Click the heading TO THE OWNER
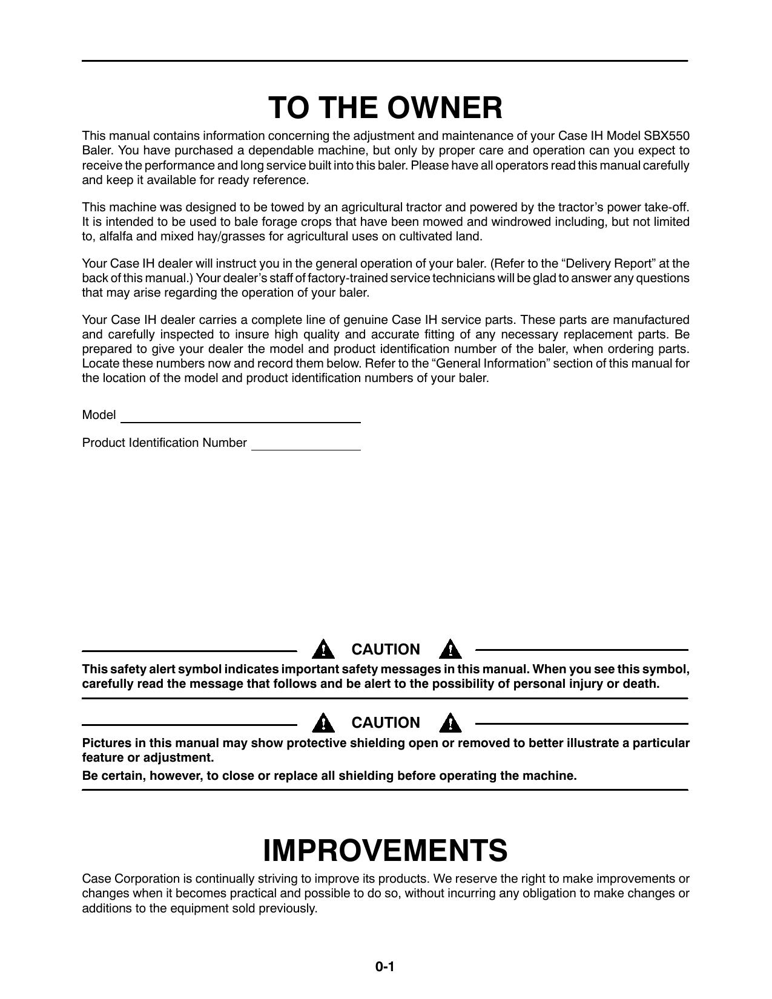[x=386, y=108]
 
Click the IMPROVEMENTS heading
[x=385, y=850]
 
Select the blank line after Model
[x=240, y=418]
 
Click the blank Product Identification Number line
[x=306, y=446]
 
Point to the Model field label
[x=99, y=415]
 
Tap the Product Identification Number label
[x=164, y=443]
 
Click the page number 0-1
[x=384, y=967]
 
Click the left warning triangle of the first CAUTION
[x=324, y=649]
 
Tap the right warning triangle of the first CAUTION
[x=450, y=649]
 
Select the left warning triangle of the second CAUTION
[x=324, y=722]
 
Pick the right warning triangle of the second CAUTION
[x=450, y=722]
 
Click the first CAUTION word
[x=386, y=650]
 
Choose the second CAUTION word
[x=386, y=723]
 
